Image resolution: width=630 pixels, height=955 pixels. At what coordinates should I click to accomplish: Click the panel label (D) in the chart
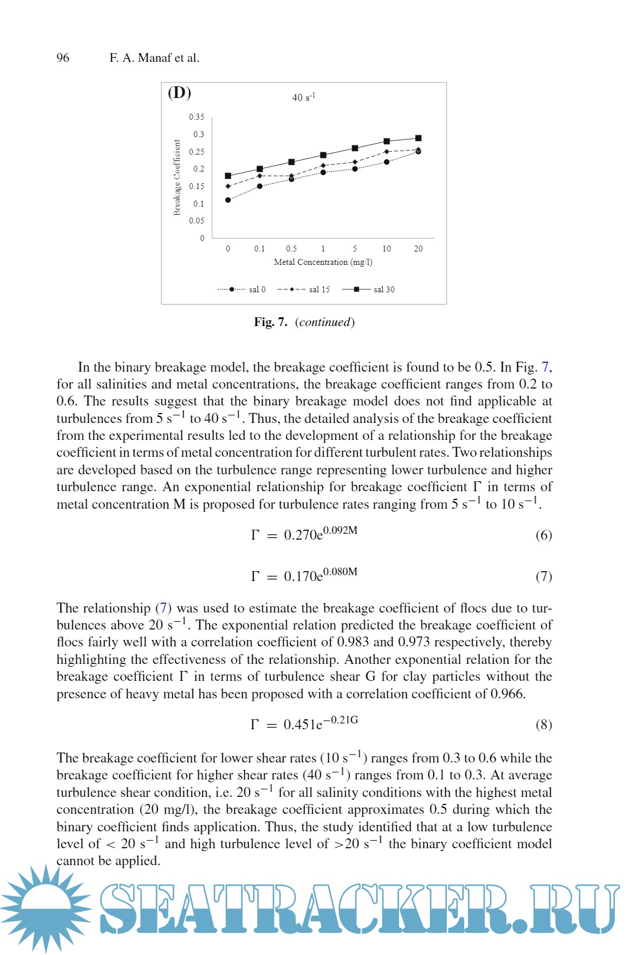coord(180,93)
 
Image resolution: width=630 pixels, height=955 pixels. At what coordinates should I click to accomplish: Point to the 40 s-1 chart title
coord(303,97)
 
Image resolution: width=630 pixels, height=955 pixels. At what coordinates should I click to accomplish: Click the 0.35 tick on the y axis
coord(197,117)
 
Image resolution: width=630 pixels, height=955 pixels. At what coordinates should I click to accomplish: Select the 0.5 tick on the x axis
coord(291,249)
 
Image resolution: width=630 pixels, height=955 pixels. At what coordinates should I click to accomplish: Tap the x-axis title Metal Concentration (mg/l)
coord(323,262)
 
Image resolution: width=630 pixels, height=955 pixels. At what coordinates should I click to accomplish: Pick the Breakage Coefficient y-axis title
coord(177,177)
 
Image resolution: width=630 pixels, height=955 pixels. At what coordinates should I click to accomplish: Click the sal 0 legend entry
coord(257,289)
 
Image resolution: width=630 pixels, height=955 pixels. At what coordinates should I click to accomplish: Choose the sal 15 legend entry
coord(319,289)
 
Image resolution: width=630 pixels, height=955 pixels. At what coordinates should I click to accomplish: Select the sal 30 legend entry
coord(384,289)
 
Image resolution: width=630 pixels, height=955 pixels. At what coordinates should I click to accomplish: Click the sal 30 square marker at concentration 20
coord(418,138)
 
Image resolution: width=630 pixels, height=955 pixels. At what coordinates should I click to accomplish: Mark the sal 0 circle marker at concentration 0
coord(228,200)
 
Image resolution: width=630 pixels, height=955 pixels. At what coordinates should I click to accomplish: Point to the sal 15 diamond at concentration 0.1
coord(260,176)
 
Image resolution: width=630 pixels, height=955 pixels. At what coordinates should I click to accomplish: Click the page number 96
coord(62,58)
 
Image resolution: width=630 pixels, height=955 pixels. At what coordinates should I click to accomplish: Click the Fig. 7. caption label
coord(271,322)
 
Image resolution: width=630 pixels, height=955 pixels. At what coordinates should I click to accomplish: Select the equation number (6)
coord(543,535)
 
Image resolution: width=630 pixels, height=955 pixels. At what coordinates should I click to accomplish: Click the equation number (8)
coord(543,725)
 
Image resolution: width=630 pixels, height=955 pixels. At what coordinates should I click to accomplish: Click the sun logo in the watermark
coord(45,907)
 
